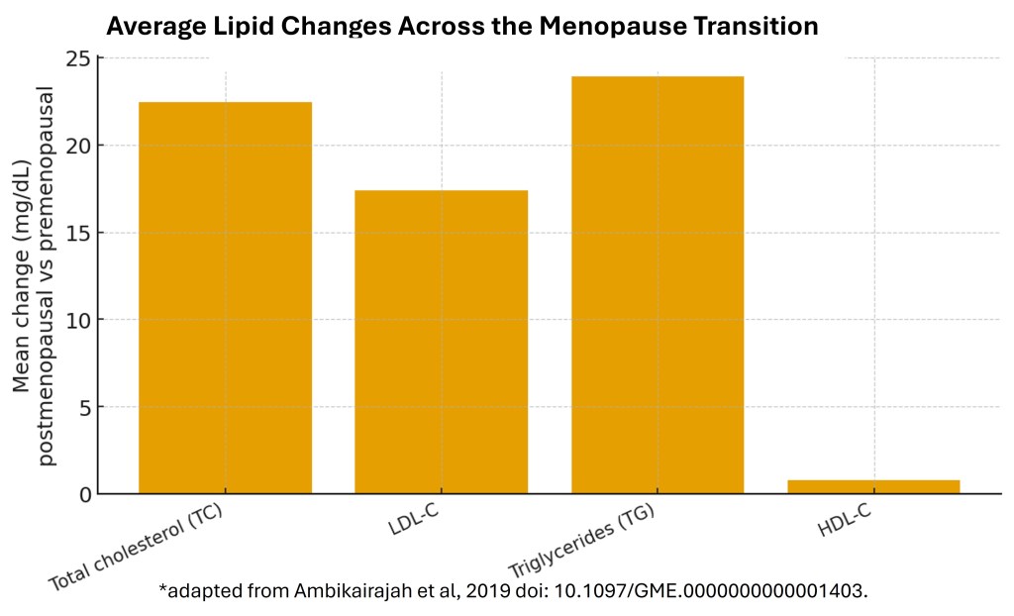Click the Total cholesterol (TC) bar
tap(225, 297)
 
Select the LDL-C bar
tap(441, 342)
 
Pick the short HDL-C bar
tap(873, 486)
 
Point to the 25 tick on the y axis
tap(78, 58)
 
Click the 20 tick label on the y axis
tap(78, 146)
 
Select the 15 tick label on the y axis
tap(78, 233)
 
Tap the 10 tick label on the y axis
tap(78, 320)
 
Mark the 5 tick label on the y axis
tap(84, 407)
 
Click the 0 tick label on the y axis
tap(84, 494)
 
